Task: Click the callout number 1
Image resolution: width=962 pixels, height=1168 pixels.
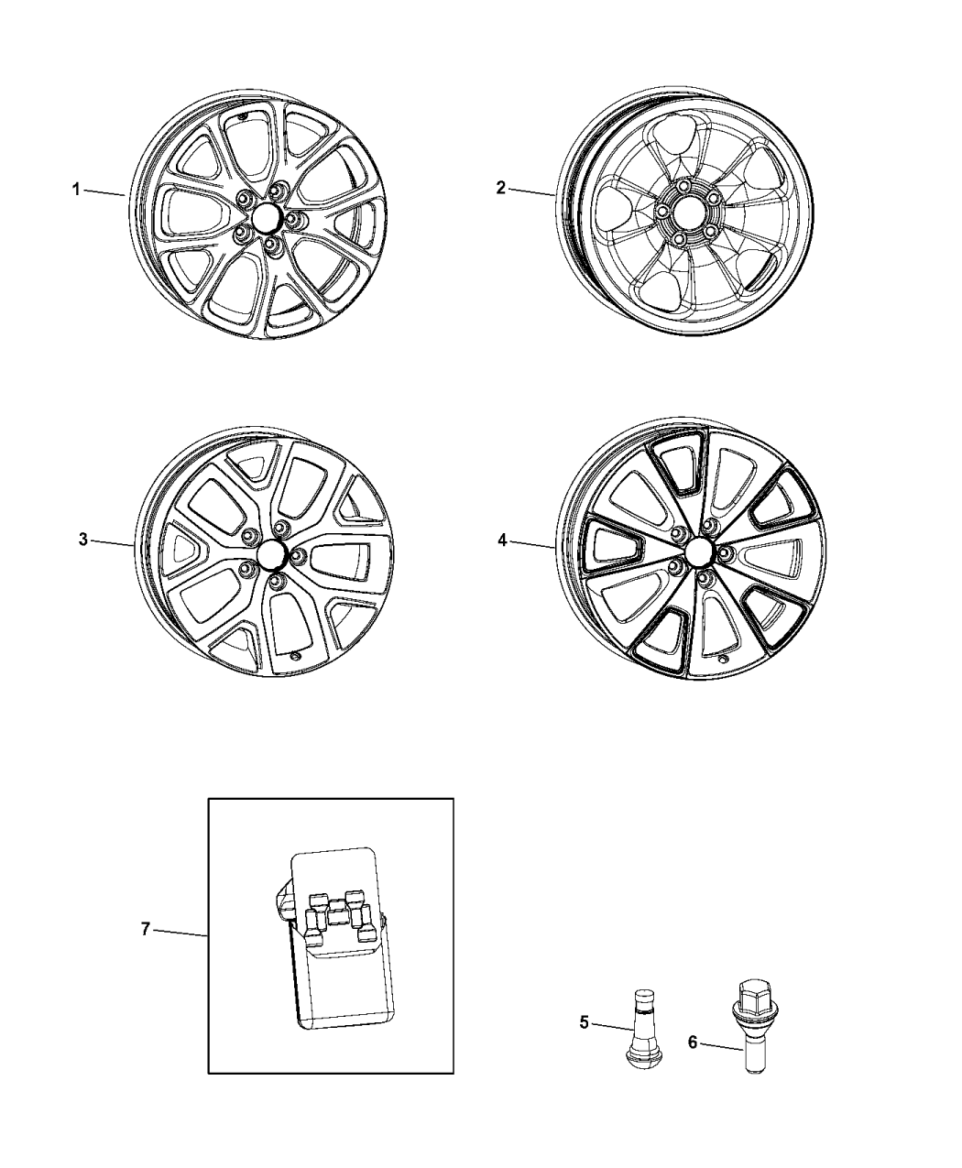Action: coord(78,190)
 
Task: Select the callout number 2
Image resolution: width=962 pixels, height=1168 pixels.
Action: coord(501,188)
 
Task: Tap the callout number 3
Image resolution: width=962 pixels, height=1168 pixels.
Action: coord(82,540)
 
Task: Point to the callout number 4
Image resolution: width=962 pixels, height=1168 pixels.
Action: coord(502,540)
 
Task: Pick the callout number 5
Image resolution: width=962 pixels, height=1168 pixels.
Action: coord(585,1023)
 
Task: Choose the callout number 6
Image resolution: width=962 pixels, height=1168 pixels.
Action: coord(693,1042)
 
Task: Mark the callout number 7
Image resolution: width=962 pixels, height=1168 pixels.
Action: coord(146,929)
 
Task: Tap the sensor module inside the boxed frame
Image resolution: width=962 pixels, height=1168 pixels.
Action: coord(332,944)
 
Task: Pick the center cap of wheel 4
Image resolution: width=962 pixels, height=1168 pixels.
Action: coord(700,551)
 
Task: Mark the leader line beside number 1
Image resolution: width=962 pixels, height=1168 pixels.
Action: coord(106,192)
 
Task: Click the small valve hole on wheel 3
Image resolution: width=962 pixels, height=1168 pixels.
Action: coord(294,656)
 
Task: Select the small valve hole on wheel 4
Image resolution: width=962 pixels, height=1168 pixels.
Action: coord(724,660)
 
